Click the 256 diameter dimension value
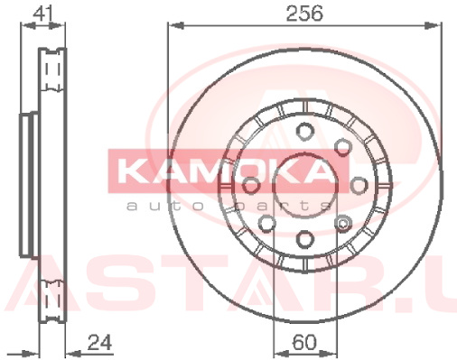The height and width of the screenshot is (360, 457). tap(304, 14)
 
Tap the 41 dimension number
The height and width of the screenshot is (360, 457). tap(43, 13)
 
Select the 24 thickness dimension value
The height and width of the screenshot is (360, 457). tap(99, 342)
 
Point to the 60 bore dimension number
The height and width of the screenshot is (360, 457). tap(304, 342)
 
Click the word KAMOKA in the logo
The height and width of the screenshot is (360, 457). tap(224, 171)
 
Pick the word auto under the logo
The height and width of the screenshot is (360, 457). tap(166, 207)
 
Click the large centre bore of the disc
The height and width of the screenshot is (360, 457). tap(304, 186)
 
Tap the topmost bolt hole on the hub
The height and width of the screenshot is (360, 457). tap(305, 131)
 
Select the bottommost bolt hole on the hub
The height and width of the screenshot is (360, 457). tap(304, 240)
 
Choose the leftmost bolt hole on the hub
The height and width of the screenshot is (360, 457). tap(250, 186)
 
